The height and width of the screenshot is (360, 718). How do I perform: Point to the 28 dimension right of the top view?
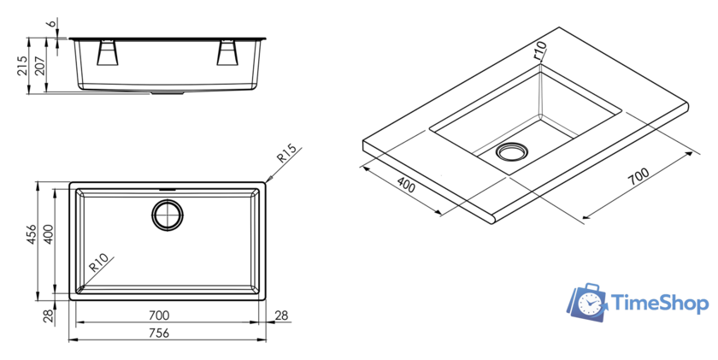pyautogui.click(x=282, y=316)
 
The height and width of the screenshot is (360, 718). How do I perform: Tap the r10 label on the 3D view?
pyautogui.click(x=538, y=51)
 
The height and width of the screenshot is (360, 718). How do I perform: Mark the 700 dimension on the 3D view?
pyautogui.click(x=638, y=175)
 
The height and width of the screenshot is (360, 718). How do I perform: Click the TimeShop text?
pyautogui.click(x=661, y=303)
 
